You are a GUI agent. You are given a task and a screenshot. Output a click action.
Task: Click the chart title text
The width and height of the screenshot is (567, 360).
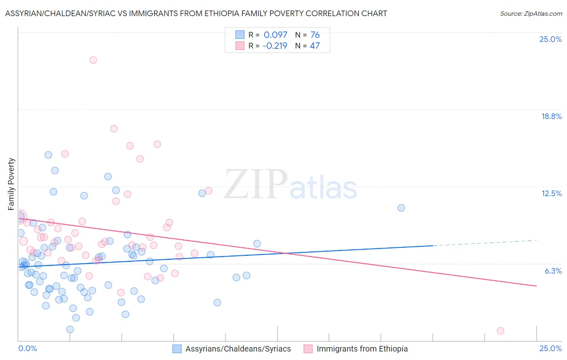[196, 13]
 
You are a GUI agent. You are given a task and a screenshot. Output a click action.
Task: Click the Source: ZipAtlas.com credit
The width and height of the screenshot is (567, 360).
[531, 13]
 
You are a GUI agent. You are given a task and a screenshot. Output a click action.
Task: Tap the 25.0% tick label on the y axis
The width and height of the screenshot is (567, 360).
[550, 39]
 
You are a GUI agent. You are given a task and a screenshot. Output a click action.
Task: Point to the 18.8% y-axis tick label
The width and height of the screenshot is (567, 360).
[551, 116]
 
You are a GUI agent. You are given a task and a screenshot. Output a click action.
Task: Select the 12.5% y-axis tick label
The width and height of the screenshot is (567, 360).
[551, 193]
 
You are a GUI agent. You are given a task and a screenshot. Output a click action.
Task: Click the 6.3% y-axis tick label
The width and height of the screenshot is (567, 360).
[553, 271]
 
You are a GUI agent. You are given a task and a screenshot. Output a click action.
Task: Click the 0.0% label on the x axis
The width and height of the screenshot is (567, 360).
[27, 348]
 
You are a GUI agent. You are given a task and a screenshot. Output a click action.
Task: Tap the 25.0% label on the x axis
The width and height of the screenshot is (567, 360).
[550, 348]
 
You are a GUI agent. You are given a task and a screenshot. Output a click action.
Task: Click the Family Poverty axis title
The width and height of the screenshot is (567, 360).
[11, 184]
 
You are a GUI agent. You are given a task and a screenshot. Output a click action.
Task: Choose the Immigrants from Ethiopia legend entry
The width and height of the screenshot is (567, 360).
[362, 349]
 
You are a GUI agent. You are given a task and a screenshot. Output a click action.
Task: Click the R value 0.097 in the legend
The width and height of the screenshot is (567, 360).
[275, 35]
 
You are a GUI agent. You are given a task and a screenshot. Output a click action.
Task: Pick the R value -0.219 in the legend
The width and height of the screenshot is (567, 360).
[275, 46]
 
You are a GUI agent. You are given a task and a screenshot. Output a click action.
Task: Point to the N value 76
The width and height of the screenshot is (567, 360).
[315, 35]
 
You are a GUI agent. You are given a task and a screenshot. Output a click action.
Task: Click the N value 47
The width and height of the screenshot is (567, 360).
[315, 46]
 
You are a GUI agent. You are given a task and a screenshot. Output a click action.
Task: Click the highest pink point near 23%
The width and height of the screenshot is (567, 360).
[93, 60]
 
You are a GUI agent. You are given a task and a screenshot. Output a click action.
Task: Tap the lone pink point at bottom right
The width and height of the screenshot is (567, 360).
[500, 331]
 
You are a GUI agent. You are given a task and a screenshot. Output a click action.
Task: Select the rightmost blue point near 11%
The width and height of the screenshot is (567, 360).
[401, 208]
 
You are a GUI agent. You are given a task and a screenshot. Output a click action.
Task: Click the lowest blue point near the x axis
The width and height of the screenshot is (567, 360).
[70, 329]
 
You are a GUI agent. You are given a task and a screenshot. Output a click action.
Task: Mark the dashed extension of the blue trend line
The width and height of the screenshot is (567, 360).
[484, 243]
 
